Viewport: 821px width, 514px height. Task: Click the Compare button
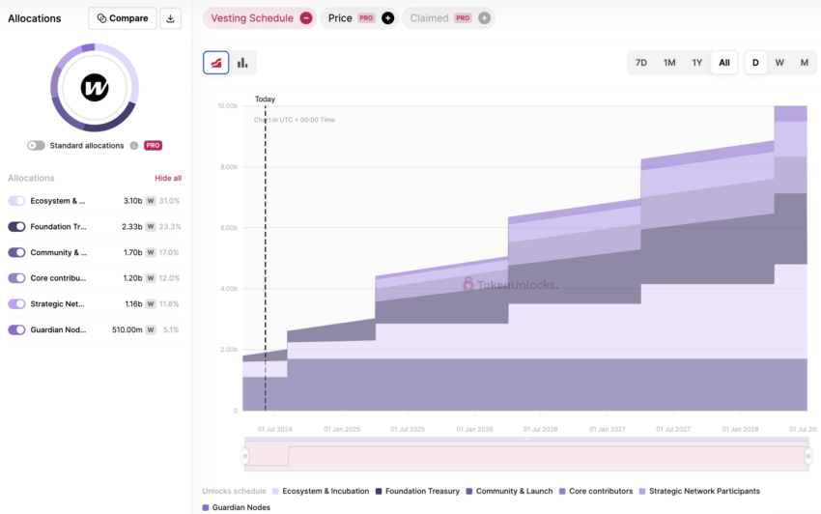coord(122,18)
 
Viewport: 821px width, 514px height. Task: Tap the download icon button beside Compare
coord(170,18)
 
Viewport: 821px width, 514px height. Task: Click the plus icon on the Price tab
coord(388,18)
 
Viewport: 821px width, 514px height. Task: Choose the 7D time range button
coord(640,63)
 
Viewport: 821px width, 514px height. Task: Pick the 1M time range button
coord(668,63)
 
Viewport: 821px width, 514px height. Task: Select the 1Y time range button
coord(696,63)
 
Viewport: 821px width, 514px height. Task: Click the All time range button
coord(724,63)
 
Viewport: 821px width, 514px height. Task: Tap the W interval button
coord(779,63)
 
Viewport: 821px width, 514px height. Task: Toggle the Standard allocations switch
coord(36,146)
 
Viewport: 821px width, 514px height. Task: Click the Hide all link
coord(168,179)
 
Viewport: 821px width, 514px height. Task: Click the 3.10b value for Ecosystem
coord(132,201)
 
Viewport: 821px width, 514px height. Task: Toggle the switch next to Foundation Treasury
coord(16,227)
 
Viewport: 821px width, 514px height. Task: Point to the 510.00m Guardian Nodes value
coord(127,330)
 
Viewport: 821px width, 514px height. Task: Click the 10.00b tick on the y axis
coord(227,106)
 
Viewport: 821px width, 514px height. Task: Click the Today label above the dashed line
coord(265,100)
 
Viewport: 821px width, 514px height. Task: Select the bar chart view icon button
coord(242,63)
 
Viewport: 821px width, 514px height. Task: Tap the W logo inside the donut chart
coord(95,89)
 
